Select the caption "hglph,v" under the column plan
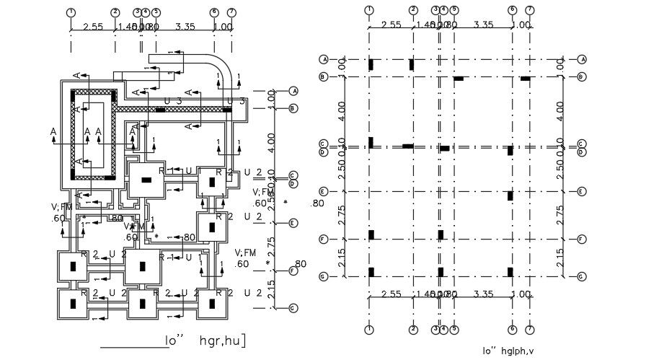coord(520,351)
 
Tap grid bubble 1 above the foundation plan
coord(71,12)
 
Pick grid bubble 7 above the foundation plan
coord(231,12)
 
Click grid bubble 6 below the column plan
coord(511,330)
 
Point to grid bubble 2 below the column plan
coord(413,330)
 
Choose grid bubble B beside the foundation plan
coord(293,108)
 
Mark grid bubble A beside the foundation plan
coord(293,91)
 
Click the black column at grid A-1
coord(370,64)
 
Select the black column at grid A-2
coord(412,64)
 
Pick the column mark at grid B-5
coord(459,78)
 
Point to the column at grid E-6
coord(510,196)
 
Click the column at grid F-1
coord(371,234)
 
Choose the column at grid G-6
coord(510,272)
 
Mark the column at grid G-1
coord(371,272)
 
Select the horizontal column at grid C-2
coord(408,146)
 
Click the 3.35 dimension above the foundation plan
coord(185,27)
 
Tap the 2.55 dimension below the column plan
coord(391,294)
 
